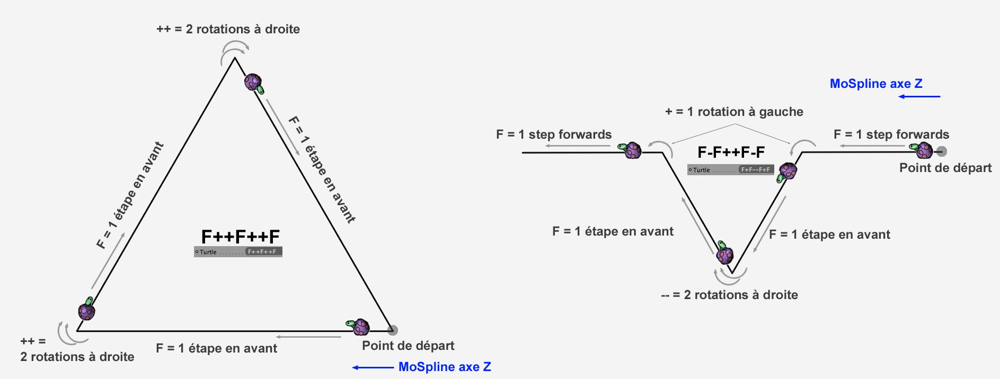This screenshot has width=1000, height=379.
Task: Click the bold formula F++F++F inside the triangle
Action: (x=240, y=236)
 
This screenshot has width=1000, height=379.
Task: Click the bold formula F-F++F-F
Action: (x=731, y=152)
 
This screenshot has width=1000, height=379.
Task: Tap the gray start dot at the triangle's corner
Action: (x=392, y=330)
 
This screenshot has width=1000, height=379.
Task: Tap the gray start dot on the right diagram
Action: (x=941, y=151)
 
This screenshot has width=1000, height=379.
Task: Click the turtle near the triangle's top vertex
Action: (x=254, y=83)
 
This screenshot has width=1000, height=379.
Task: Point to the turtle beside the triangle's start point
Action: (x=359, y=327)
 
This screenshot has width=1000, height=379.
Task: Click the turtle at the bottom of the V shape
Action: (x=724, y=254)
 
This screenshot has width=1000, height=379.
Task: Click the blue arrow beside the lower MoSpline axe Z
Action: (x=373, y=367)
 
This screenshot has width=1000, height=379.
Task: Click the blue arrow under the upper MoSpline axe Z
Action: (x=919, y=96)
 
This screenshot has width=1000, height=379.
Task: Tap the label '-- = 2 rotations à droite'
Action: (x=729, y=295)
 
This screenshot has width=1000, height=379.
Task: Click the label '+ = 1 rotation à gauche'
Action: (x=734, y=112)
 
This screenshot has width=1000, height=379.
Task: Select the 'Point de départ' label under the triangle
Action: (x=408, y=346)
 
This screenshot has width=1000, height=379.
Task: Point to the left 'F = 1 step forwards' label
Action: (x=554, y=134)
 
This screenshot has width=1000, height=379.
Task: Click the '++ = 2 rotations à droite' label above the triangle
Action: (x=228, y=29)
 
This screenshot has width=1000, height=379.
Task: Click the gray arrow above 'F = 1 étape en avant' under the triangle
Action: (x=308, y=337)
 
